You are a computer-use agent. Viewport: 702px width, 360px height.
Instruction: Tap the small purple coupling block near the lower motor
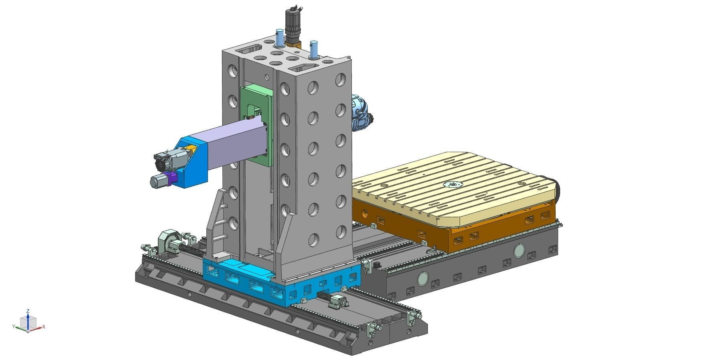(173, 179)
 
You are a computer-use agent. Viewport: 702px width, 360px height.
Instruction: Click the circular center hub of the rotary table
(453, 185)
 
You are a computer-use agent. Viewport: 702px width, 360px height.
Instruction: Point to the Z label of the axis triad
(28, 311)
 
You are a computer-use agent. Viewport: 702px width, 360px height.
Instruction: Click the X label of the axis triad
(44, 327)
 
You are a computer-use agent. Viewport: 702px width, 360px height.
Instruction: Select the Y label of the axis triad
(14, 327)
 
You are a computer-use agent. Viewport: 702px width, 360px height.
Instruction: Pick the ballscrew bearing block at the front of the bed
(337, 302)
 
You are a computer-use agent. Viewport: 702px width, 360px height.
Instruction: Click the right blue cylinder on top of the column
(314, 48)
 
